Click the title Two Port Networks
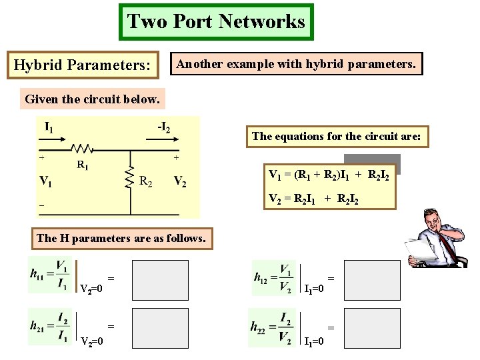216,21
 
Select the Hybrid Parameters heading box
83,65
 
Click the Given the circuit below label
92,100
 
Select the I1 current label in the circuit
49,126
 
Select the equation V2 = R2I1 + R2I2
313,198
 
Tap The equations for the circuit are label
336,137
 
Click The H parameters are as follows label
121,238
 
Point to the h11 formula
49,275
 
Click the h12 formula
274,277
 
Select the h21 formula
49,326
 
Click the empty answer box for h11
160,280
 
